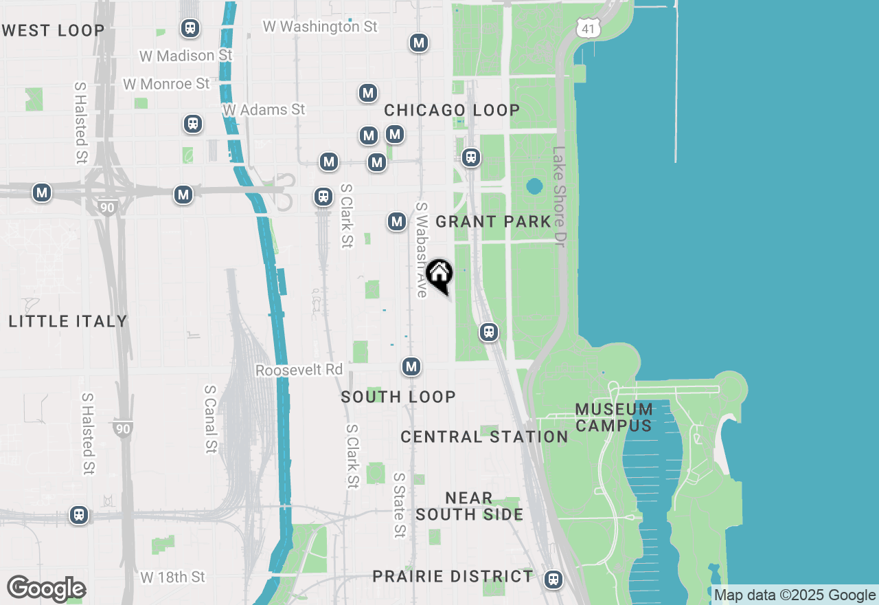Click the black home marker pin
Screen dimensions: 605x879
point(439,276)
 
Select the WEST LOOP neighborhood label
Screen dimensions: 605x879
point(53,30)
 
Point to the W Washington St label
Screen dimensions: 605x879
point(320,27)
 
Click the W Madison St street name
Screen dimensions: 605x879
point(185,55)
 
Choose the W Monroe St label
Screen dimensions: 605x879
point(166,84)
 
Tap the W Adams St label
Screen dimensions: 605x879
point(264,109)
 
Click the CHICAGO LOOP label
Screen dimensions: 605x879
point(452,110)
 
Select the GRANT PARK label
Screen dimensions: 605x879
point(494,221)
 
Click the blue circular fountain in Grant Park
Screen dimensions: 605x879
point(534,186)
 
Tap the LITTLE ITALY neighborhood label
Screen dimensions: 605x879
point(68,321)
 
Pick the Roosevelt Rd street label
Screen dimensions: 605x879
point(299,370)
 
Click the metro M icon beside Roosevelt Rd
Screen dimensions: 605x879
point(411,366)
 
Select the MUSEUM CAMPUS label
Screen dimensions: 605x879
point(613,417)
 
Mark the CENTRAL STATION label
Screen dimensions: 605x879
point(484,437)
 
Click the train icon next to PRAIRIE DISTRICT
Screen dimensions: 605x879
point(553,579)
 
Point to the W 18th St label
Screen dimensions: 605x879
point(172,577)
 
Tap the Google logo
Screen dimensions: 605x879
point(46,589)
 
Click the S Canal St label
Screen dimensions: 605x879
point(210,419)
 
